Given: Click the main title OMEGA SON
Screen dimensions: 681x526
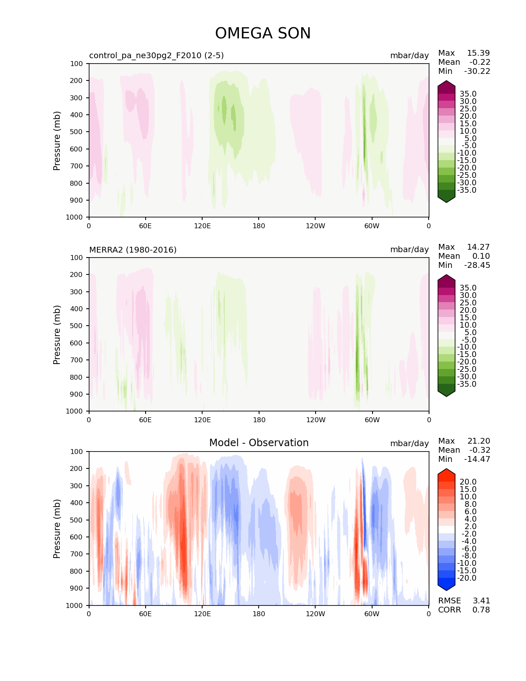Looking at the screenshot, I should click(263, 33).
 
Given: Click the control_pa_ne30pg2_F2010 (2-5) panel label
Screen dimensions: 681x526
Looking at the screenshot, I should click(156, 55).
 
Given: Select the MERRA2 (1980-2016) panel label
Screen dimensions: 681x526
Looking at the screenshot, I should click(133, 250).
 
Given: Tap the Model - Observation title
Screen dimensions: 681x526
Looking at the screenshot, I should click(259, 443).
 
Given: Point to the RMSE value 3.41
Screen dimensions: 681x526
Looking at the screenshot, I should click(481, 601).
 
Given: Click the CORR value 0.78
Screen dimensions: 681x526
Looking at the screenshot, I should click(481, 610).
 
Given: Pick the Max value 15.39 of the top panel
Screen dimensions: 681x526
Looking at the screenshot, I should click(478, 53).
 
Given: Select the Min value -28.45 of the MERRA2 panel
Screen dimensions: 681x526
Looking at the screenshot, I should click(477, 265).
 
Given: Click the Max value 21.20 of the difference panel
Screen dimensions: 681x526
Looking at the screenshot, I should click(479, 441).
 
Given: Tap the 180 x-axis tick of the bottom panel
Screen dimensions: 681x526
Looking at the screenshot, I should click(259, 614).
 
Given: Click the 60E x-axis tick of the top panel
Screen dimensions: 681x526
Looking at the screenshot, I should click(145, 226).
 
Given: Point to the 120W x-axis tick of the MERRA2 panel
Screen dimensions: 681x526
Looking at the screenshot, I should click(316, 420).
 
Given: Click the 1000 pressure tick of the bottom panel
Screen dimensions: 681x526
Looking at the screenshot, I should click(75, 605).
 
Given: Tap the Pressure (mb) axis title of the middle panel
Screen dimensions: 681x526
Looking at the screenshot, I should click(57, 334).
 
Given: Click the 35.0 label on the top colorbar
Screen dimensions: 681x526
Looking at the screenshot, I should click(468, 94).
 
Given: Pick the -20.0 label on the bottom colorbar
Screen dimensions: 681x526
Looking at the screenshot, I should click(467, 578).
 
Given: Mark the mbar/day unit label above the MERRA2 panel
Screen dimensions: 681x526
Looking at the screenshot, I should click(409, 250).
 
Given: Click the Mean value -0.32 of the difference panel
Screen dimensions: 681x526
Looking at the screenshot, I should click(479, 450).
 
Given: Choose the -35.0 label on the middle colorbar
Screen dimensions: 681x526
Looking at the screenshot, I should click(467, 384).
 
